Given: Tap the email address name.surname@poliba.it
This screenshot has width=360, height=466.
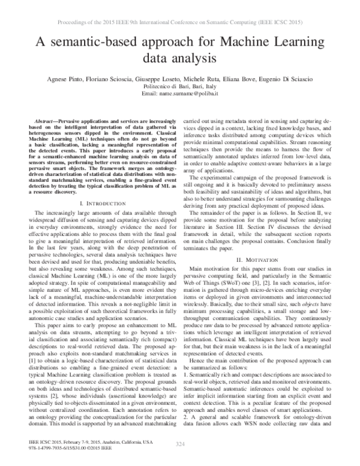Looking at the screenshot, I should coord(180,95).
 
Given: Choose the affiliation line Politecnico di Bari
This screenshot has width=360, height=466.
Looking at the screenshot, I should coord(180,88).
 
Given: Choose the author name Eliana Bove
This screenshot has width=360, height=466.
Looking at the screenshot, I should coord(243,79).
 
